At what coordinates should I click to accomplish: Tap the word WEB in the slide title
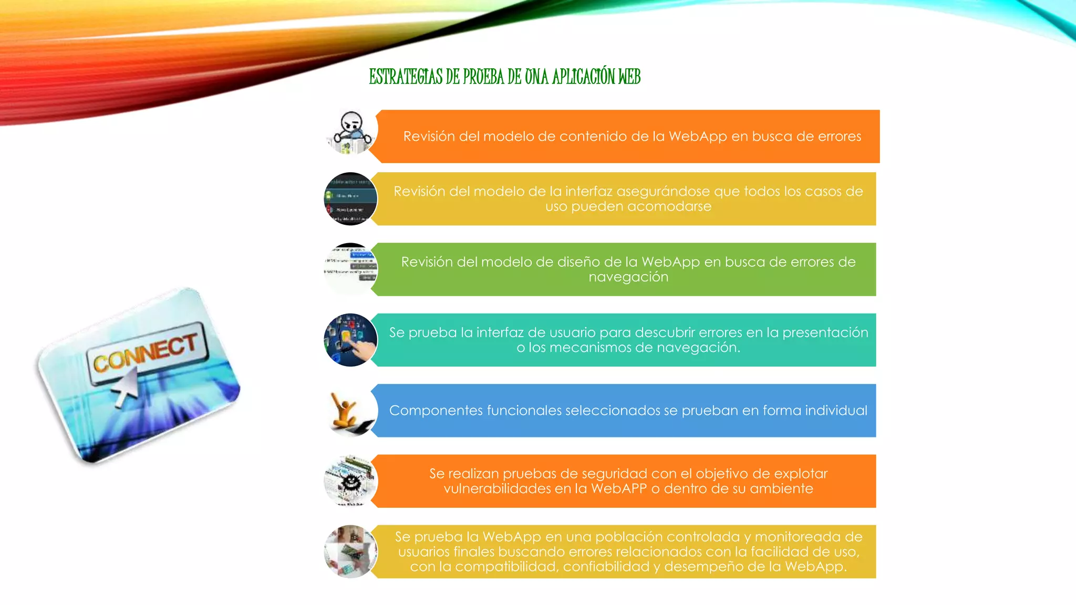tap(629, 77)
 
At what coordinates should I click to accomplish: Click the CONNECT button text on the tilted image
tap(146, 352)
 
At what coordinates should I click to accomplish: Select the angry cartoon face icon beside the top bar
tap(351, 132)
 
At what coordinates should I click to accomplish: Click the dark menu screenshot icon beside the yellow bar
tap(350, 199)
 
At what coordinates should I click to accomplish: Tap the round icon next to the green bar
tap(350, 269)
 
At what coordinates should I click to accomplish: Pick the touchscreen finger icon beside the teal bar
tap(350, 340)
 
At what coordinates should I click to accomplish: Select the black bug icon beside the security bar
tap(350, 481)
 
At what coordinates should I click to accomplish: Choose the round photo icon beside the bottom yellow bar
tap(350, 551)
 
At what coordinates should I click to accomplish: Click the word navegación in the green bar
tap(628, 277)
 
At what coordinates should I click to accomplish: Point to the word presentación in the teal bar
tap(825, 332)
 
